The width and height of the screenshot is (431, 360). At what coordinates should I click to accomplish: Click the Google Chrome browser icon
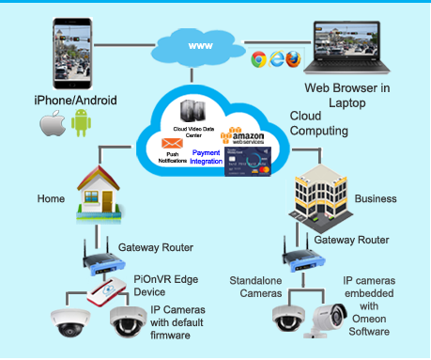point(257,59)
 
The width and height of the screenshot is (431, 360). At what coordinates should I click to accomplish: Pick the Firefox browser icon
point(294,59)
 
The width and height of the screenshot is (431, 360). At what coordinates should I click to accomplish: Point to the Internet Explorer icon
point(276,59)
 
